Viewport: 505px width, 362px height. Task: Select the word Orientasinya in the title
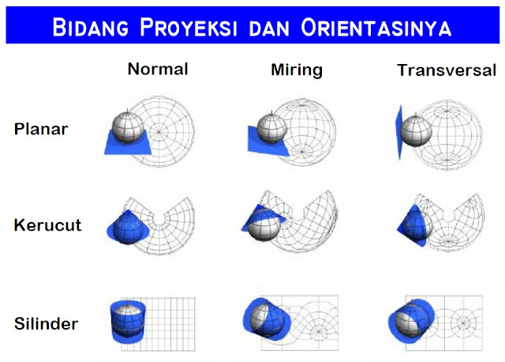(x=376, y=28)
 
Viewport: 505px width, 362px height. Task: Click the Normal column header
(x=158, y=69)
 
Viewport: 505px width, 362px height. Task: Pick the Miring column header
(x=296, y=70)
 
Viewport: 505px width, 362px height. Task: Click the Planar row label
(x=41, y=129)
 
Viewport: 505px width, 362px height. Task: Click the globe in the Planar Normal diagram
(x=125, y=123)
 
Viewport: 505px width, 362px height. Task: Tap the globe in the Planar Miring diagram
(x=272, y=127)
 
